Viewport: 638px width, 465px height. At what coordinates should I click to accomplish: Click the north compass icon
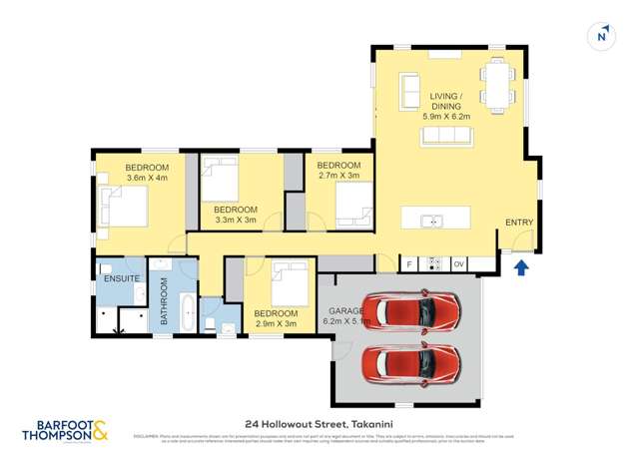600,38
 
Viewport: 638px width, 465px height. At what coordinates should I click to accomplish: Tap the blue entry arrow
519,267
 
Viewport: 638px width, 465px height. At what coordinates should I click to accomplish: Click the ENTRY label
519,223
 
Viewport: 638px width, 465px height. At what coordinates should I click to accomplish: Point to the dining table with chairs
495,84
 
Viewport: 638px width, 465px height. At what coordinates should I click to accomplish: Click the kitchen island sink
432,221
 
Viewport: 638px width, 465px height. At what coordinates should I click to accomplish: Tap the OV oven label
459,264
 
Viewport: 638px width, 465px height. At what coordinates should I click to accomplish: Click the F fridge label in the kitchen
409,264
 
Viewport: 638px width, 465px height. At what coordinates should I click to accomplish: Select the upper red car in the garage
411,311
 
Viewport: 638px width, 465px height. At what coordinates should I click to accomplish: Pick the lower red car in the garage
411,364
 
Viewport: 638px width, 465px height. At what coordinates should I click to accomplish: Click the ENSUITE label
120,276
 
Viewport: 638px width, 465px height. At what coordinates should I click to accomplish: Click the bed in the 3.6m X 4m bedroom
125,208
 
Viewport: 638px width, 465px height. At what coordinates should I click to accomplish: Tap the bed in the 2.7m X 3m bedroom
350,208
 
